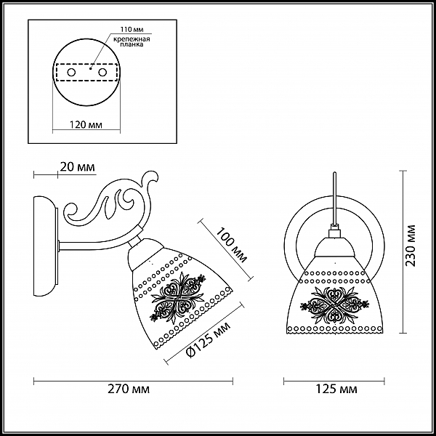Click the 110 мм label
point(132,29)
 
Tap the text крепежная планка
point(132,41)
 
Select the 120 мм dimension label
point(86,124)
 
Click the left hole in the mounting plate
point(71,73)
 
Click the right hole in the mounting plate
point(102,73)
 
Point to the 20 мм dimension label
point(77,167)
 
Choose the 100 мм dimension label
point(232,245)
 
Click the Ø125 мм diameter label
point(209,340)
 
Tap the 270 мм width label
point(129,389)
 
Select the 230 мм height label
point(410,246)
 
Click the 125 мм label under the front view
point(336,389)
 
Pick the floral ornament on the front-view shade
point(334,305)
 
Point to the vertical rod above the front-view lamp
point(334,199)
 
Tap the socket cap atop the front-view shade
point(334,247)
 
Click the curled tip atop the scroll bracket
point(152,178)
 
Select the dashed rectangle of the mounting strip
point(86,73)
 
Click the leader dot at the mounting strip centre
point(90,68)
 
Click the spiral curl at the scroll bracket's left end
point(73,212)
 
